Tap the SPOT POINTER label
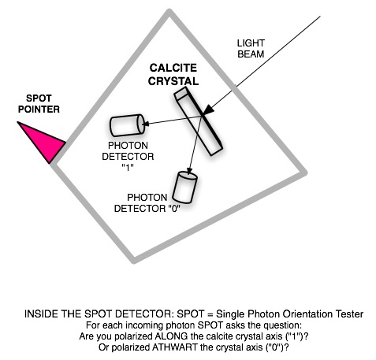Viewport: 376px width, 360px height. [x=39, y=104]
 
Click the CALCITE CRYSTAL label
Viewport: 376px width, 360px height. [x=173, y=75]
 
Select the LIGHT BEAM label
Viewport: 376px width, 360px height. [x=251, y=49]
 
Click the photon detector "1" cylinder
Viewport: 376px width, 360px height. [x=127, y=125]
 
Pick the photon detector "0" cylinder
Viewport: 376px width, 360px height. [x=184, y=187]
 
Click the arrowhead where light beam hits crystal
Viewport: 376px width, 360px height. [x=208, y=110]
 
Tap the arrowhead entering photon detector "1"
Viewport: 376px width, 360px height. [x=145, y=123]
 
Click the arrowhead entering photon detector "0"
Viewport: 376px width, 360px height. [x=189, y=171]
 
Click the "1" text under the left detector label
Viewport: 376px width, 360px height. [x=128, y=167]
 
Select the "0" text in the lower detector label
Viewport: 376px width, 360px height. [x=173, y=209]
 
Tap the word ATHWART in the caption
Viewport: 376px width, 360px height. [x=175, y=347]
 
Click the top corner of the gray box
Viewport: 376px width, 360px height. [x=169, y=11]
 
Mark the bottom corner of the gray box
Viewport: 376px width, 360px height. [x=134, y=262]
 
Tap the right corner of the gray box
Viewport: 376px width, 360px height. [x=305, y=173]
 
